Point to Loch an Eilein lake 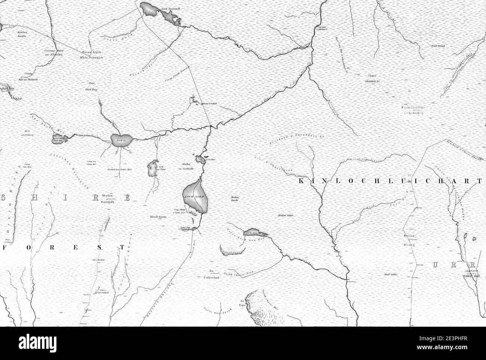click(x=152, y=169)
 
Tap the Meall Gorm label click(x=157, y=216)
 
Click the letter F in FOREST click(x=5, y=247)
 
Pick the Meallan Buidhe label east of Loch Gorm click(x=235, y=199)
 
